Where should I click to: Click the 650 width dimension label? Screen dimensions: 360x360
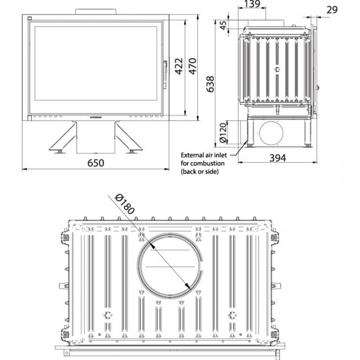96,163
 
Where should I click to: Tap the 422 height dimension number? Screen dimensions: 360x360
179,67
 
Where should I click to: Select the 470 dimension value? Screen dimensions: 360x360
193,67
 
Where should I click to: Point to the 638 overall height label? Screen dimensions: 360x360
210,84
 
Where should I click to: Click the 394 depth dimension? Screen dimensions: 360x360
278,158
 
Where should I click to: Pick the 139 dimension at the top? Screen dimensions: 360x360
252,4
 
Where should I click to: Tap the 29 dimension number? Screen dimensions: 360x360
332,10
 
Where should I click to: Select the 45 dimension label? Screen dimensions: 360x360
223,25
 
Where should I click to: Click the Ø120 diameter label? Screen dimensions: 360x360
223,133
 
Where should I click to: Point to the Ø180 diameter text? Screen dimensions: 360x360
124,204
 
